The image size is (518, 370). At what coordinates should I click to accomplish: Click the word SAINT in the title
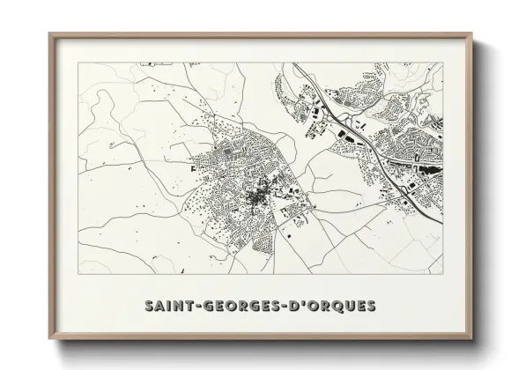[x=167, y=307]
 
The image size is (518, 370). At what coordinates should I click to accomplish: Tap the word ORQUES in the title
[x=340, y=307]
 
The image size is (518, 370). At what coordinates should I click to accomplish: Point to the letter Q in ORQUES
[x=332, y=307]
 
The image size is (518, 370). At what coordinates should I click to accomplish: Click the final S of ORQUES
[x=370, y=307]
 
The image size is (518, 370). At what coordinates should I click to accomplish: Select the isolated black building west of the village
[x=191, y=162]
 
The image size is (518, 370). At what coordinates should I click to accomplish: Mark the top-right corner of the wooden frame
[x=472, y=33]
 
